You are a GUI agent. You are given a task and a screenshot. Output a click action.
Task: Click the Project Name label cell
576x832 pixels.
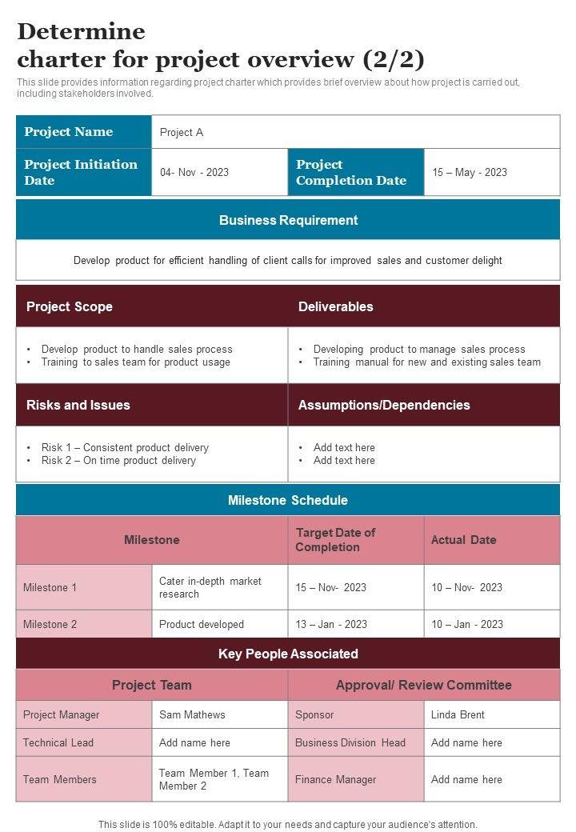[69, 132]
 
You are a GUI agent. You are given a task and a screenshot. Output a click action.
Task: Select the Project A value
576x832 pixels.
[182, 132]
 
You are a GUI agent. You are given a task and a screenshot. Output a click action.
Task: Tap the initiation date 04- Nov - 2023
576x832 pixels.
[194, 172]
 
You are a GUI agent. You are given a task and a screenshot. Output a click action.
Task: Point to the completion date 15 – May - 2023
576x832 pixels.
[470, 172]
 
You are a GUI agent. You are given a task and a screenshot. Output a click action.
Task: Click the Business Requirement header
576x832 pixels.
[288, 220]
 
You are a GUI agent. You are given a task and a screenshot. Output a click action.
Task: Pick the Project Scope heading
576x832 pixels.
[70, 306]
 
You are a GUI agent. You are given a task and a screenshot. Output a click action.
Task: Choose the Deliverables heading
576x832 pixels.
[336, 306]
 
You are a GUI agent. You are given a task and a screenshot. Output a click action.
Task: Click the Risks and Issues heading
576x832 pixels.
[78, 405]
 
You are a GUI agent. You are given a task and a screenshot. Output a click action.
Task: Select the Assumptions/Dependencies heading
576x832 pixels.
[384, 405]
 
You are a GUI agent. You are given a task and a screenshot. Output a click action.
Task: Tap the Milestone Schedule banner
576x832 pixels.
[288, 500]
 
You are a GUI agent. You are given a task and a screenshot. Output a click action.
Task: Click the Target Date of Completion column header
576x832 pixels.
[336, 540]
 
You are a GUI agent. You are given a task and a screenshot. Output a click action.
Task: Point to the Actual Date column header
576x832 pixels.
[464, 540]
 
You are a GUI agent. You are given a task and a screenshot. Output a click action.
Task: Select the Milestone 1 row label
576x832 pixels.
[50, 587]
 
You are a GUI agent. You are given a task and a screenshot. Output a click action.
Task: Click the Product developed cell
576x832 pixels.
[202, 624]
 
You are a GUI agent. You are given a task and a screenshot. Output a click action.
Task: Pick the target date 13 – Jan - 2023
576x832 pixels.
[331, 624]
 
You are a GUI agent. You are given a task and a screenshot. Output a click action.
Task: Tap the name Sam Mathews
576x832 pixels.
[192, 714]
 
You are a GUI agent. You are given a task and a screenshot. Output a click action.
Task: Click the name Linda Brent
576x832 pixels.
[458, 714]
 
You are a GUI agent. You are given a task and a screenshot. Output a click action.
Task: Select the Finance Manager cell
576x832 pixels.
[336, 779]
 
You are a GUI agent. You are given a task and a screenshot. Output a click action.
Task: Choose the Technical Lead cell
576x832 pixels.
[58, 742]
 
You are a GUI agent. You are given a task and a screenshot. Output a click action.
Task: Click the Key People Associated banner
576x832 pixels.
[288, 654]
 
